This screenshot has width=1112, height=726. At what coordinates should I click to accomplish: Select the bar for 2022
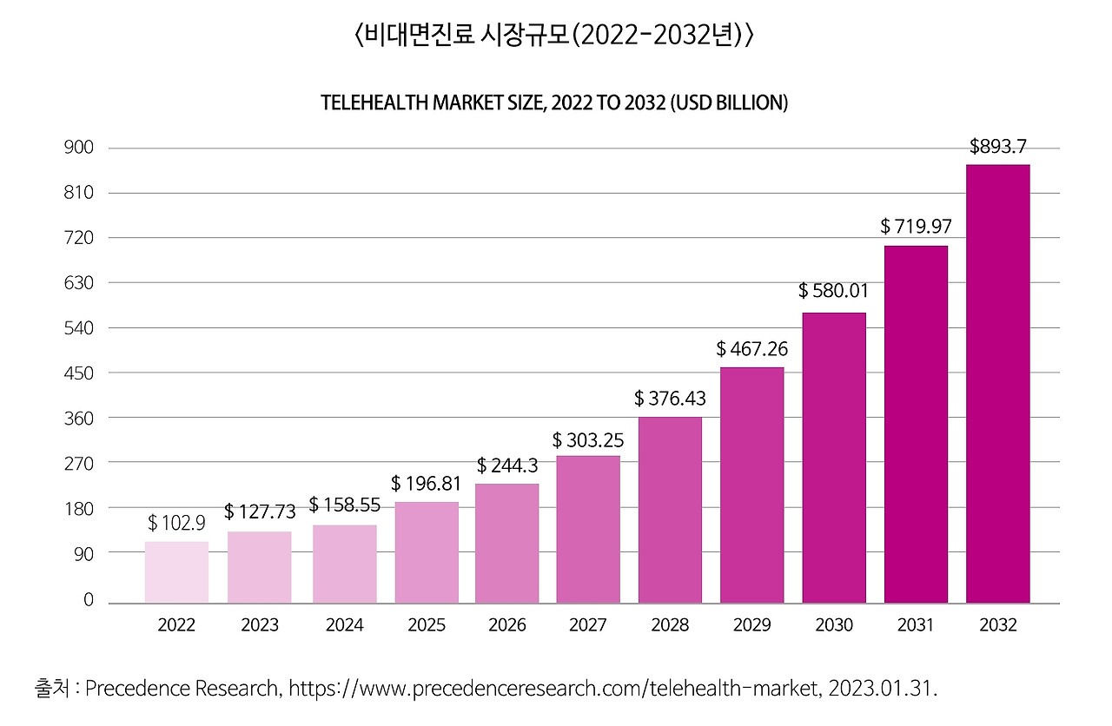176,572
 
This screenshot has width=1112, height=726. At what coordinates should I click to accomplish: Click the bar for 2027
588,529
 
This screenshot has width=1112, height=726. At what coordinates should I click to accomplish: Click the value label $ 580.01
834,290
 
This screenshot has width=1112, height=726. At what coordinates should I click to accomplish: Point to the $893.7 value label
998,147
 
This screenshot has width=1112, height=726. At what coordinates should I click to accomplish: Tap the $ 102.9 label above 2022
177,523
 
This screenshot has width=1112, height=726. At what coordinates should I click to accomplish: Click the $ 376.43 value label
670,398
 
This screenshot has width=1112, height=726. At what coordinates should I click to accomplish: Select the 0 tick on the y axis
88,600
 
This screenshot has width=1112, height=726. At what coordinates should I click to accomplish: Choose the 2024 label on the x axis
344,625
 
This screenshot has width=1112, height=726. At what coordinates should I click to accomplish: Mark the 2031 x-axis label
916,625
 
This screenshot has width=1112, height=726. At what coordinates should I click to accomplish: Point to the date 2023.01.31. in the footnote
884,689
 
